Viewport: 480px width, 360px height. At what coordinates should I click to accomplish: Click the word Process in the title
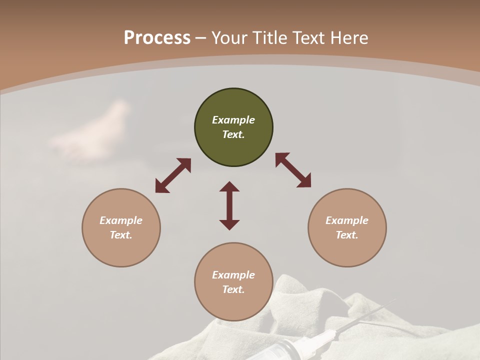(157, 38)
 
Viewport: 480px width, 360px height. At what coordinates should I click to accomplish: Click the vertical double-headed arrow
(229, 205)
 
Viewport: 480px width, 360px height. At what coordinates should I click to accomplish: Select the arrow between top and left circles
(173, 175)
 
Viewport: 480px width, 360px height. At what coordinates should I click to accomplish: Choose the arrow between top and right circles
(293, 170)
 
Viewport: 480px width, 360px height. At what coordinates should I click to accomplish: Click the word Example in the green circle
(233, 120)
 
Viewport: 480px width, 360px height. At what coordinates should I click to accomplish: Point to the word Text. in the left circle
(121, 235)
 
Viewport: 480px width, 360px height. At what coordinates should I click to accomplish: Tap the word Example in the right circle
(347, 220)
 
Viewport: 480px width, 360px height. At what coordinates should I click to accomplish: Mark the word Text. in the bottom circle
(233, 289)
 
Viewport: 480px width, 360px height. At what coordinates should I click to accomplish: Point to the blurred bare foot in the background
(95, 132)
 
